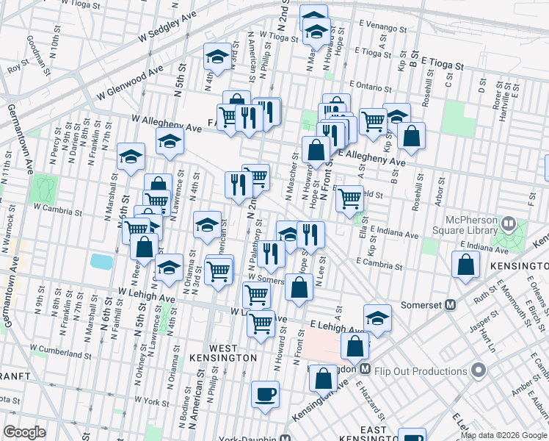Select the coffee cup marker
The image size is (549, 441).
[x=265, y=394]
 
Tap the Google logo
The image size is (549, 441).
[x=24, y=432]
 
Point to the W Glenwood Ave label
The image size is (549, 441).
[x=129, y=84]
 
